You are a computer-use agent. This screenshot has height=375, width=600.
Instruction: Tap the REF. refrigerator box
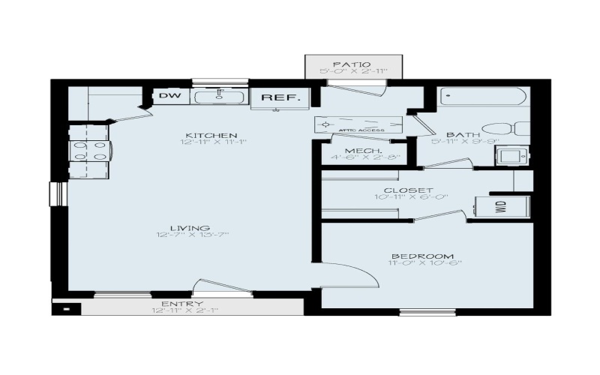click(280, 97)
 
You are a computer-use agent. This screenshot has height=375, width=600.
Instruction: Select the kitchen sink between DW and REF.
click(220, 96)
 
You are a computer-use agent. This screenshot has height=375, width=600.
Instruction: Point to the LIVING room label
click(190, 228)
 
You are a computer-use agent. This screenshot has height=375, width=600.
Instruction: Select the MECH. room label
click(360, 151)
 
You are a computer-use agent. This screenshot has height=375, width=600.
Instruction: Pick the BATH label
click(459, 135)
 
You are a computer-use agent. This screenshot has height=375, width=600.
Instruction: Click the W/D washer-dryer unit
click(502, 206)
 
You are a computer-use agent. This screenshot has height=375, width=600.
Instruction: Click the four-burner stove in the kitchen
click(89, 150)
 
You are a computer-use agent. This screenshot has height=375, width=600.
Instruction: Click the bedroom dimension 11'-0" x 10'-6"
click(425, 263)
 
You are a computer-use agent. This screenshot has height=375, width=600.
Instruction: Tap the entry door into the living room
click(222, 287)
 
